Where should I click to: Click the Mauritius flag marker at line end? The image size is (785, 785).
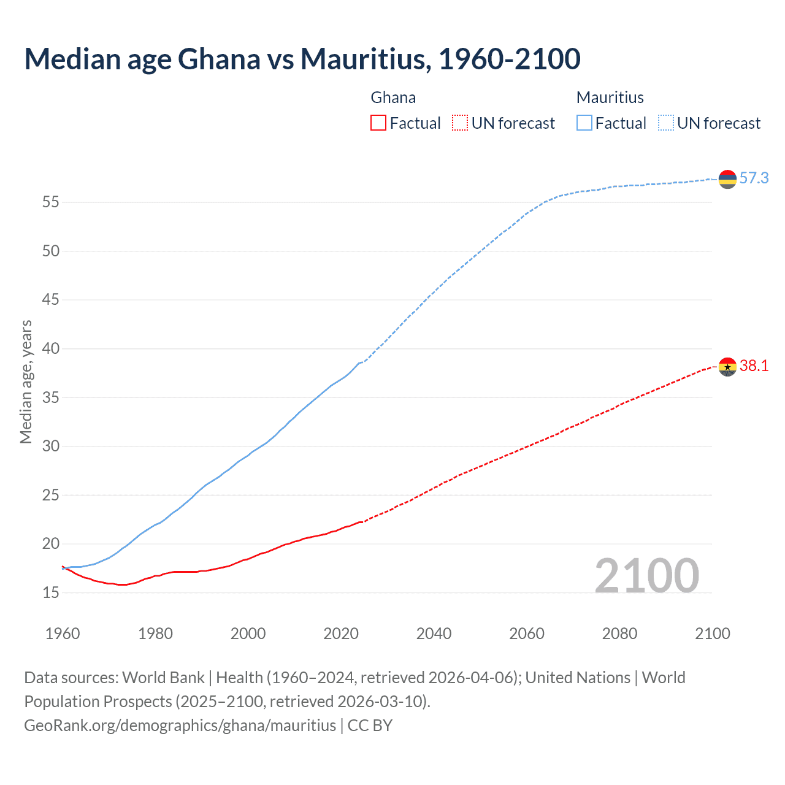click(727, 179)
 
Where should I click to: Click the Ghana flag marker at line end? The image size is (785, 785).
click(727, 367)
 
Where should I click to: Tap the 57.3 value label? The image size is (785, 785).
click(754, 178)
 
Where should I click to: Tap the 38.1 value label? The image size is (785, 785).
click(754, 366)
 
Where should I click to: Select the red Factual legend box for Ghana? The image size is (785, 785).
click(378, 123)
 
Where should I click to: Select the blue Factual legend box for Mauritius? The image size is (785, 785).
click(584, 123)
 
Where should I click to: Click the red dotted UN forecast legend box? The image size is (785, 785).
click(460, 123)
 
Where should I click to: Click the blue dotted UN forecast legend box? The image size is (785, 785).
click(665, 123)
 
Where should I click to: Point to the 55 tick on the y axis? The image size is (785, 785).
click(51, 202)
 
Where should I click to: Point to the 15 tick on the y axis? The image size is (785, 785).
click(51, 592)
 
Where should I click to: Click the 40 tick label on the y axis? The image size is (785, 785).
click(51, 348)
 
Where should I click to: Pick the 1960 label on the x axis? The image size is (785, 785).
click(63, 634)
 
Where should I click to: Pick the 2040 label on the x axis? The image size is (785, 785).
click(434, 634)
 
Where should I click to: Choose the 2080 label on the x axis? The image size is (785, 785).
click(619, 634)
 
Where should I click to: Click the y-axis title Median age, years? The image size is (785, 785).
click(26, 381)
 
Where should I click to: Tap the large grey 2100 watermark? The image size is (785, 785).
click(646, 575)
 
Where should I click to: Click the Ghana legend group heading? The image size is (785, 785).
click(393, 98)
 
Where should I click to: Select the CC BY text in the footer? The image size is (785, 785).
click(370, 726)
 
